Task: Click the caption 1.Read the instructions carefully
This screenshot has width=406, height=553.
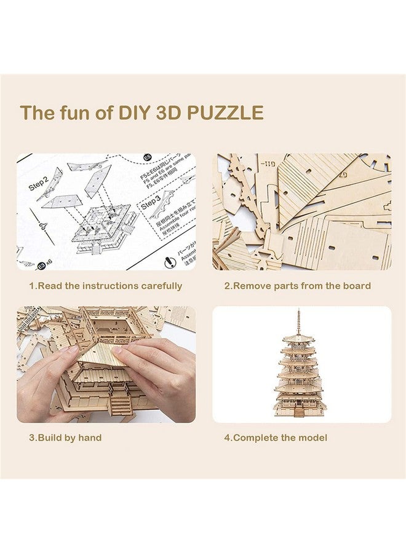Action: [x=106, y=286]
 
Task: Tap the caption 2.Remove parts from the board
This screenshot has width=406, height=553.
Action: [x=297, y=286]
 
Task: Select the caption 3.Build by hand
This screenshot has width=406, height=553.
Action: [x=65, y=437]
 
